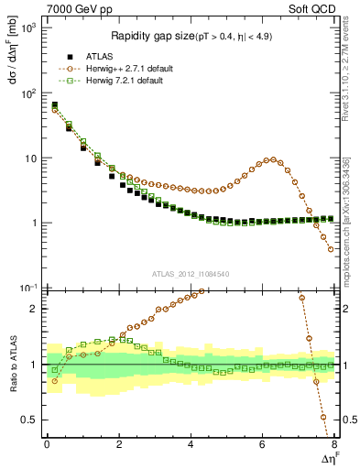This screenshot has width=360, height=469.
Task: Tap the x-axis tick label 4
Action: [191, 444]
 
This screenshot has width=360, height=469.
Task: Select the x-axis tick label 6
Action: [263, 444]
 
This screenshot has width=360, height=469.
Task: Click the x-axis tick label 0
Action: [47, 444]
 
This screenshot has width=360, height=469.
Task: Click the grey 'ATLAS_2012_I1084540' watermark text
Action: [191, 273]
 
